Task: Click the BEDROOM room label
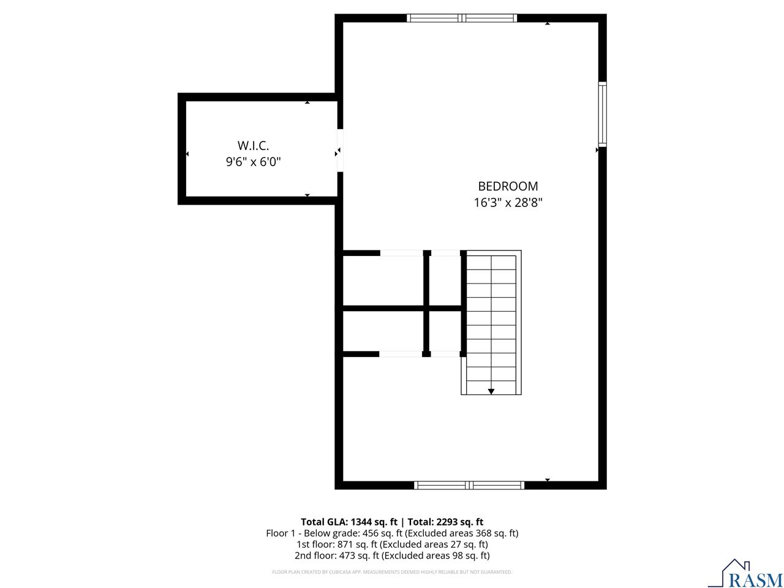pyautogui.click(x=508, y=186)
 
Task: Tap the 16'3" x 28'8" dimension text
pyautogui.click(x=508, y=202)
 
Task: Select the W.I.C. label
pyautogui.click(x=253, y=146)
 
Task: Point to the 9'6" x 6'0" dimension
pyautogui.click(x=253, y=162)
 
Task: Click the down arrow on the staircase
pyautogui.click(x=491, y=391)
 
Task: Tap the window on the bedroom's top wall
pyautogui.click(x=462, y=18)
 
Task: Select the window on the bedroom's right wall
pyautogui.click(x=603, y=114)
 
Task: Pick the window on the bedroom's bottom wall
pyautogui.click(x=469, y=485)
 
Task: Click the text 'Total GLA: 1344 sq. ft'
pyautogui.click(x=349, y=522)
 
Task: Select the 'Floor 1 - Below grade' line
pyautogui.click(x=392, y=533)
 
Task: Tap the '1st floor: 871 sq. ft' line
pyautogui.click(x=392, y=545)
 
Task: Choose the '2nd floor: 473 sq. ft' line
pyautogui.click(x=392, y=556)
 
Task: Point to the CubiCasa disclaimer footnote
pyautogui.click(x=392, y=572)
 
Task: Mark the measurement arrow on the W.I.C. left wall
pyautogui.click(x=187, y=154)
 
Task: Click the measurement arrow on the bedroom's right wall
pyautogui.click(x=597, y=149)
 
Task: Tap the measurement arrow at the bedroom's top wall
pyautogui.click(x=548, y=23)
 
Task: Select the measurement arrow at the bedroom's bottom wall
pyautogui.click(x=548, y=480)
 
